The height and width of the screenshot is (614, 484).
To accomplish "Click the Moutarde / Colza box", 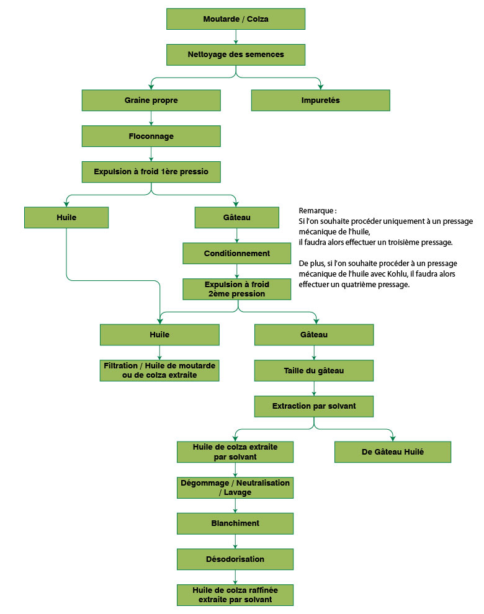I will tap(236, 19).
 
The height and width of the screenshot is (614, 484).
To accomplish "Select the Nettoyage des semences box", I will tap(236, 55).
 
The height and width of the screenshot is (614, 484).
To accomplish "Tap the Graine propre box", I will tap(151, 100).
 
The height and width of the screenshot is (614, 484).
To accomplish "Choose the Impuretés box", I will tap(320, 100).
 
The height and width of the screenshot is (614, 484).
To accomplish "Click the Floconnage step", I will tap(151, 136).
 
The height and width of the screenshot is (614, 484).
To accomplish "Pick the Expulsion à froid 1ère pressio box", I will tap(151, 171).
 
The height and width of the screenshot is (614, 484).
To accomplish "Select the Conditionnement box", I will tap(236, 253).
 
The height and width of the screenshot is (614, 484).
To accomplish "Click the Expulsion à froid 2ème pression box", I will tap(236, 289).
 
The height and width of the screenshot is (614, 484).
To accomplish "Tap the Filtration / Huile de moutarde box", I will tap(159, 371).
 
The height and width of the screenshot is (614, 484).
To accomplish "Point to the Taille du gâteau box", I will tap(314, 371).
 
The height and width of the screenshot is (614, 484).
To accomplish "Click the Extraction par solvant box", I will tap(314, 407).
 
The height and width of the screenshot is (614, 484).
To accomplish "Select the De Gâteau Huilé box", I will tap(392, 452).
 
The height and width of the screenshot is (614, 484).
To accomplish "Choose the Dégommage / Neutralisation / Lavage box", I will tap(235, 487).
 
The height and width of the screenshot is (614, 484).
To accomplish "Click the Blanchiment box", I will tap(235, 523).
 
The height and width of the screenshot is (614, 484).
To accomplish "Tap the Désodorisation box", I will tap(235, 559).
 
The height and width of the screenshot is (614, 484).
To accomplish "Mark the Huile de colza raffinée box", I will tap(235, 595).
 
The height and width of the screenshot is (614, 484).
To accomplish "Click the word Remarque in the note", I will tap(316, 211).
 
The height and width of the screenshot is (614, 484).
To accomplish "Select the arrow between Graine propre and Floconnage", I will tap(151, 118).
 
